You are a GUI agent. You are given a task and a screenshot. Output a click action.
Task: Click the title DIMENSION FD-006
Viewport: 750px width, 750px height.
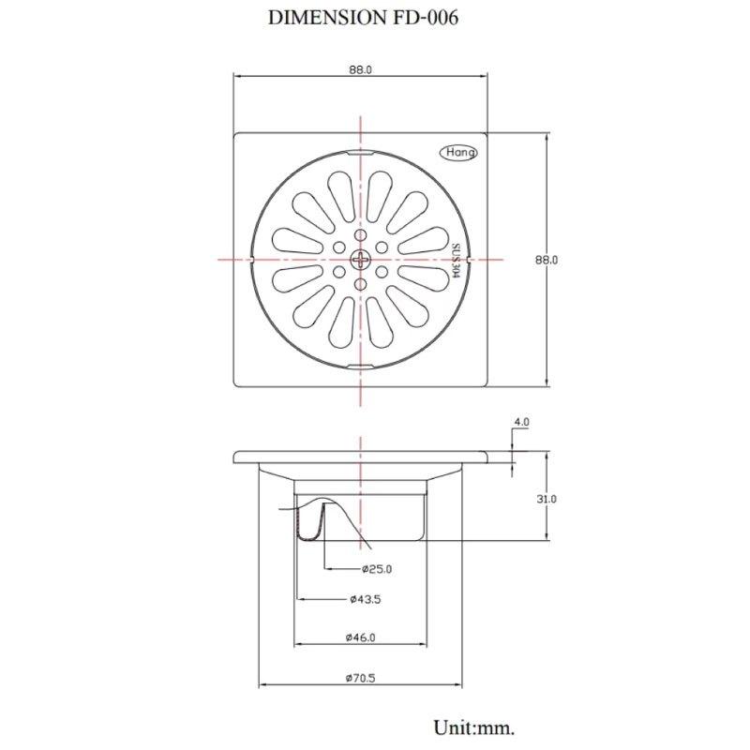[x=363, y=18]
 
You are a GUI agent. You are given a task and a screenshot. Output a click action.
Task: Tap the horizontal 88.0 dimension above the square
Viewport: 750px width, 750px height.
[x=360, y=69]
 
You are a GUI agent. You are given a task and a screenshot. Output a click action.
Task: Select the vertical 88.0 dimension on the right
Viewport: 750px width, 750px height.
[x=547, y=261]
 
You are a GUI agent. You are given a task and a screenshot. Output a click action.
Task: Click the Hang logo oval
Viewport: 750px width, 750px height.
[x=458, y=153]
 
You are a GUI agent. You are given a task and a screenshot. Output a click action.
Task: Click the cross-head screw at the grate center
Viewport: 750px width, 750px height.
[x=360, y=260]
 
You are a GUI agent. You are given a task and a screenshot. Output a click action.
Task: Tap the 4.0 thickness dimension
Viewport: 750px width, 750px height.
[x=521, y=423]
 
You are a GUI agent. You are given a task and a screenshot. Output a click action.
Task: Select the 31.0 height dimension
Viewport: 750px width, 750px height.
[x=547, y=500]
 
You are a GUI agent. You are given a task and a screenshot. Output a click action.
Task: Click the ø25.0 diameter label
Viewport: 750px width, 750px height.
[x=377, y=569]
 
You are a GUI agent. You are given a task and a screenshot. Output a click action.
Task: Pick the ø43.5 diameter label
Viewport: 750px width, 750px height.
[x=366, y=599]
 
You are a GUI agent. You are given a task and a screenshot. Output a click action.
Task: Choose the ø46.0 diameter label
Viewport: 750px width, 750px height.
[x=361, y=637]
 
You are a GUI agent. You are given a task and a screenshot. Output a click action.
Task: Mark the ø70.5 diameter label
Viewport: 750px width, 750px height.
[x=361, y=678]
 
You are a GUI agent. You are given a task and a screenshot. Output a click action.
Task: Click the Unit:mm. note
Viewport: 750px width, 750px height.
[x=474, y=727]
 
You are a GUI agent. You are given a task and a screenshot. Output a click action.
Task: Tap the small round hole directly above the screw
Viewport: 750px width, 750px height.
[x=360, y=235]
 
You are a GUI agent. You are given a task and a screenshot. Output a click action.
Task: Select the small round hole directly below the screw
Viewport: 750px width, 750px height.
[x=360, y=285]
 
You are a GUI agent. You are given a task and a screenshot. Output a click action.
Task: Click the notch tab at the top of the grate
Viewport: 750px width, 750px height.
[x=360, y=153]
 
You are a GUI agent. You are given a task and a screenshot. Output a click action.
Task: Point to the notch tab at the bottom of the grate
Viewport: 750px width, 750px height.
[x=360, y=367]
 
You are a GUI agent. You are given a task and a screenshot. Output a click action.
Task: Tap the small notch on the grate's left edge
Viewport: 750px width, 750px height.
[x=251, y=260]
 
